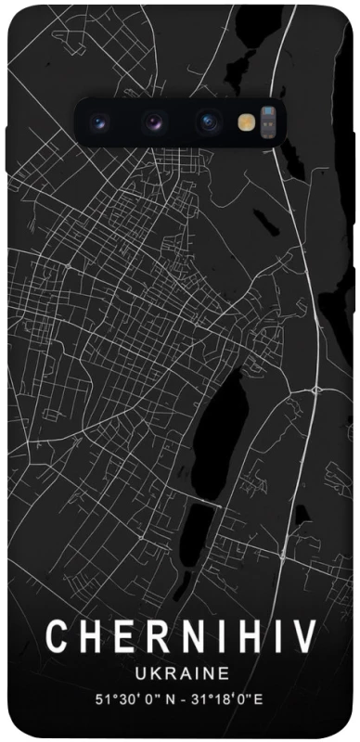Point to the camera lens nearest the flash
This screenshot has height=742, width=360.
(208, 122)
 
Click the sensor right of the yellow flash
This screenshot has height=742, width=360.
(269, 122)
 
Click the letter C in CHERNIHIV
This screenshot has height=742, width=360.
(58, 639)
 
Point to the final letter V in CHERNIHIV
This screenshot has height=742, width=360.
(303, 639)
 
